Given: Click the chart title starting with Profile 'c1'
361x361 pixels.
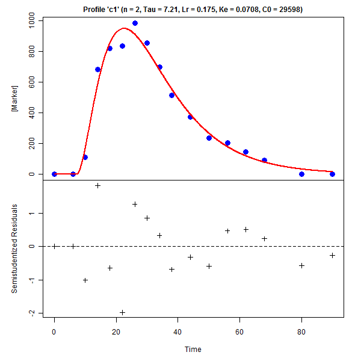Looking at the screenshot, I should coord(193,10).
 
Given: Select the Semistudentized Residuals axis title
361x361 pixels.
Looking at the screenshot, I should coord(13,248).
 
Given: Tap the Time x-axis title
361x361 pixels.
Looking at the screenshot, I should coord(193,349).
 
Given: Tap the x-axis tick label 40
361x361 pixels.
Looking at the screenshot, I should coord(177,330).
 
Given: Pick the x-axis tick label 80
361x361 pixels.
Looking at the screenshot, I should coord(301,330).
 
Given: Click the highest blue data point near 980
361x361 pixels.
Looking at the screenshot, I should coord(135,23).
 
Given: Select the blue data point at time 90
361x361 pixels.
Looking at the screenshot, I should coord(332,174).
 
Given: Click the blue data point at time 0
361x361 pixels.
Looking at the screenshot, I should coord(54,174).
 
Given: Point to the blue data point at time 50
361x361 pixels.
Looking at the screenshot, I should coord(209,138).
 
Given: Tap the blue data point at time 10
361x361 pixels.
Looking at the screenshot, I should coord(85,157).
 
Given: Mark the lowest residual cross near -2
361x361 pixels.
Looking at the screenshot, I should coord(122,312).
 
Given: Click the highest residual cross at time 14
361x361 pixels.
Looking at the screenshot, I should coord(97,185).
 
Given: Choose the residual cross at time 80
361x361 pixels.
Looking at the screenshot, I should coord(301,265).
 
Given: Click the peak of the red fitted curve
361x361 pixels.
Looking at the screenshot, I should coord(125,28).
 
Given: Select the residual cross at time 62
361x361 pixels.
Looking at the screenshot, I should coord(245,229).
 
